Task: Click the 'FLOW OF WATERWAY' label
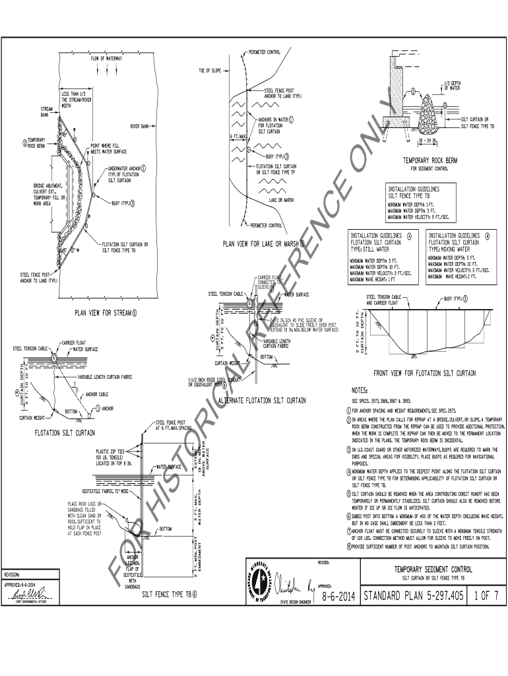[106, 59]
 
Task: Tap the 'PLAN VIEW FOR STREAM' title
[102, 312]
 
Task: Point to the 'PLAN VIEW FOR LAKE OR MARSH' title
[261, 244]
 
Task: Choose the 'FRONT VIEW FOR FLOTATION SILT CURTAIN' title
[424, 373]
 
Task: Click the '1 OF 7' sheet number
[486, 597]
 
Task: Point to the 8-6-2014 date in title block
[338, 597]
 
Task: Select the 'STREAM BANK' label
[46, 112]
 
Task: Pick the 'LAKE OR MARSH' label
[281, 199]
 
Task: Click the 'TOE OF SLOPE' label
[210, 70]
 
